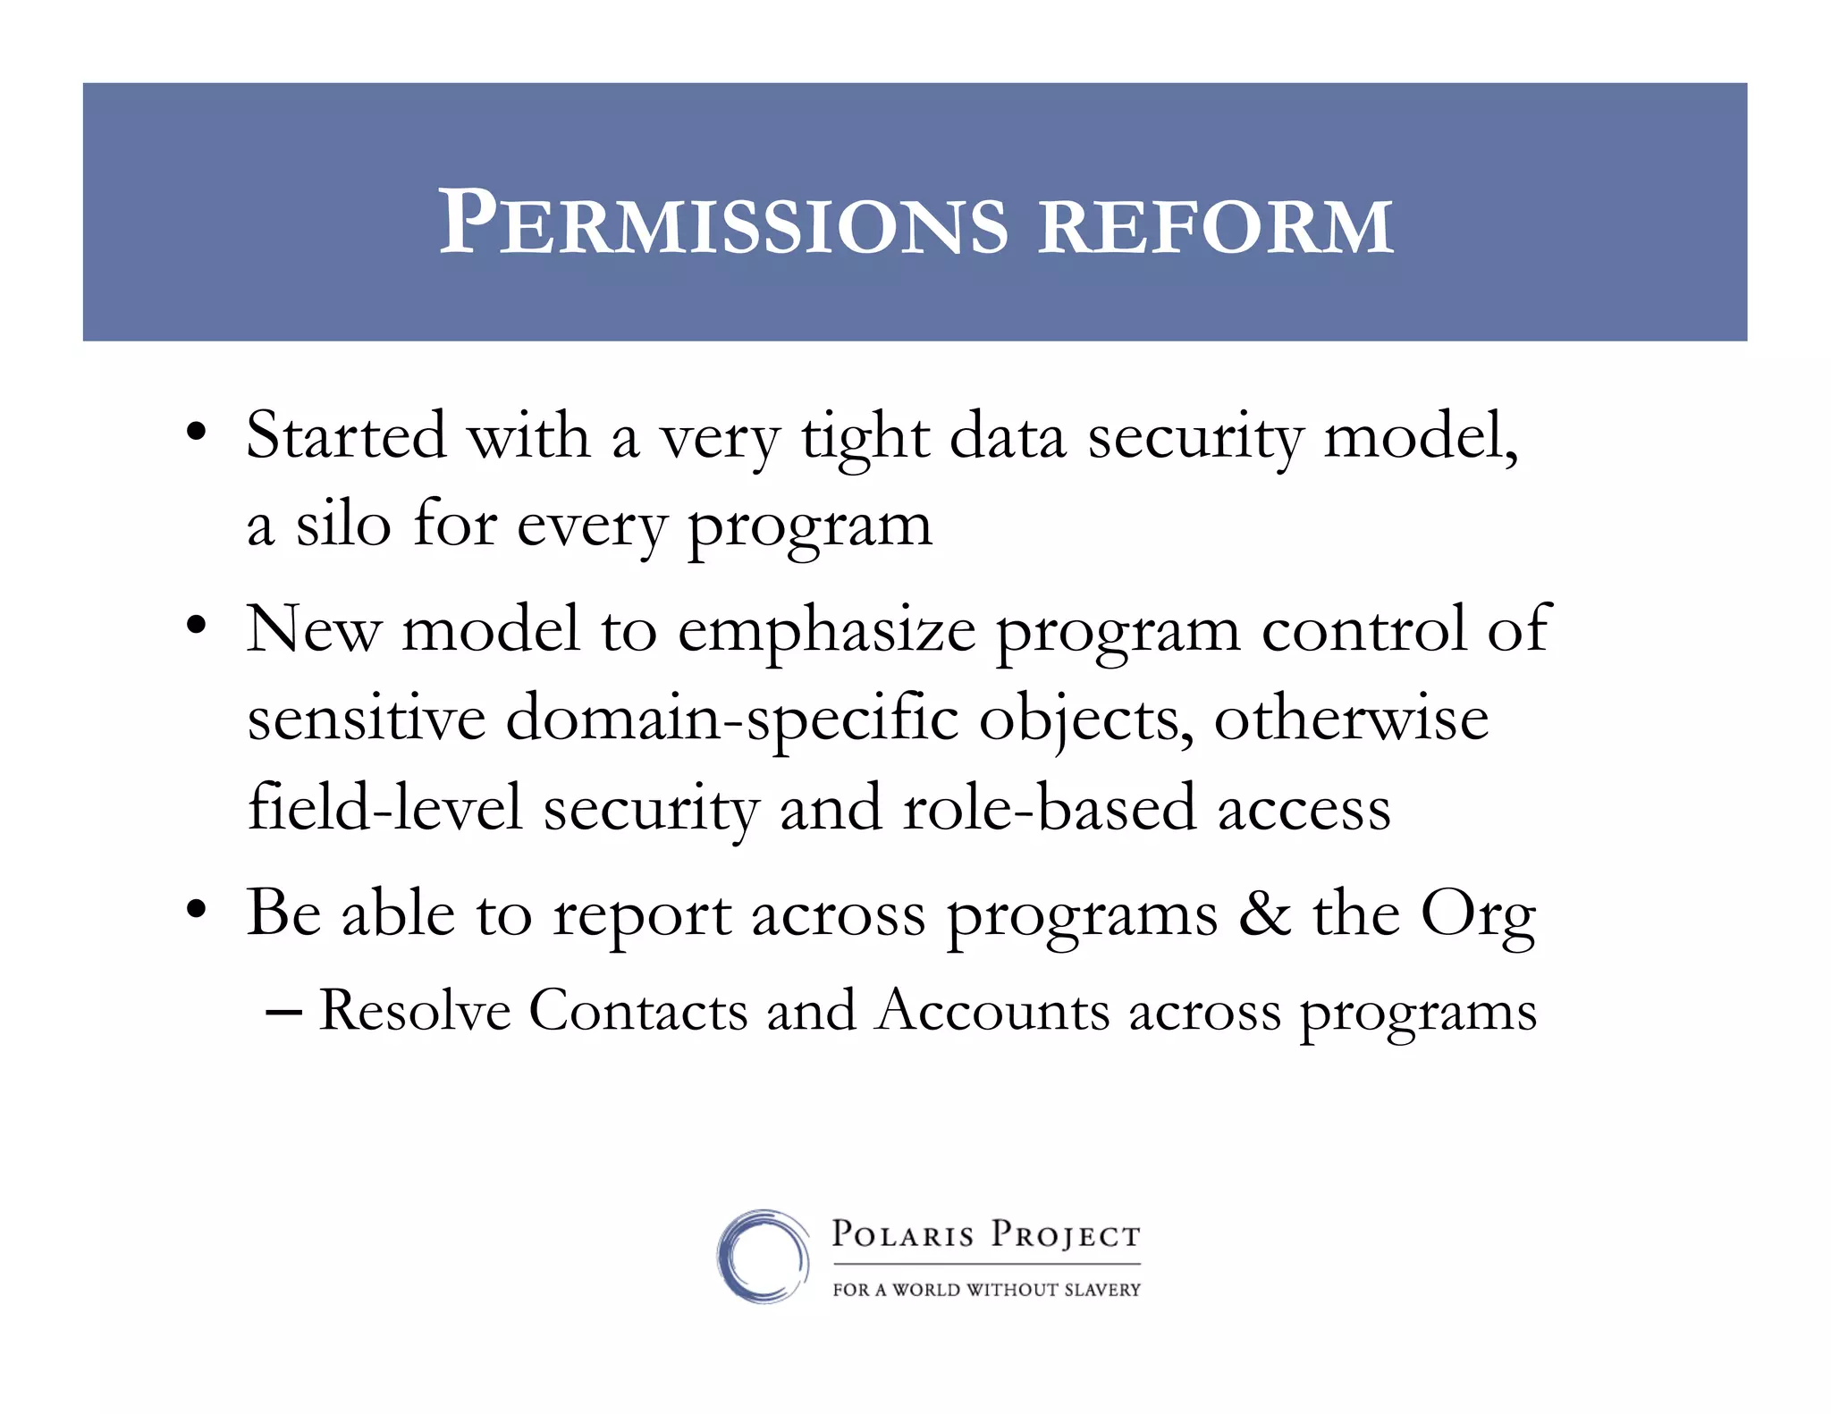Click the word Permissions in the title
click(x=722, y=223)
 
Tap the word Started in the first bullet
click(x=345, y=436)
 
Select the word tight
click(x=865, y=439)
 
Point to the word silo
click(x=343, y=525)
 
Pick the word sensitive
click(x=367, y=719)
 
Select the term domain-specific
click(x=731, y=720)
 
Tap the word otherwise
click(x=1351, y=719)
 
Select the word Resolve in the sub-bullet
click(x=415, y=1011)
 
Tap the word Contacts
click(x=638, y=1011)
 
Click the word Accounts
click(x=993, y=1011)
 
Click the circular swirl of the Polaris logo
click(x=763, y=1256)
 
